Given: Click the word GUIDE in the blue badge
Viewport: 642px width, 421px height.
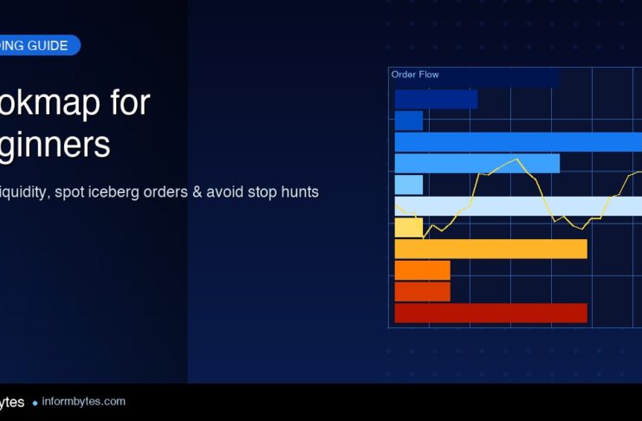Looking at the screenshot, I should coord(49,46).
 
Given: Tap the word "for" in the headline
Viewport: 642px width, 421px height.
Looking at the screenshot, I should coord(129,103).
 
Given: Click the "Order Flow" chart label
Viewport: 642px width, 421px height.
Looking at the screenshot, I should coord(415,74).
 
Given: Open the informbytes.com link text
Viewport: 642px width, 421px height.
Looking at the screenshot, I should coord(83,402).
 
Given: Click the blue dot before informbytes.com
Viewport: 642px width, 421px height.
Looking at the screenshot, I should coord(35,403).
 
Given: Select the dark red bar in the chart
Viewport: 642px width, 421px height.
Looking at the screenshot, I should coord(490,313).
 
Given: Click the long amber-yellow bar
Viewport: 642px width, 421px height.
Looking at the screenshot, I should coord(490,249).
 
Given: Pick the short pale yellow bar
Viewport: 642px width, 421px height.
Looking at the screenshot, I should coord(408,228).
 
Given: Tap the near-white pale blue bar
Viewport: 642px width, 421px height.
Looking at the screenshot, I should coord(518,206).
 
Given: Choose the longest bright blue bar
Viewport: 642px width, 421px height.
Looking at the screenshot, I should coord(518,142).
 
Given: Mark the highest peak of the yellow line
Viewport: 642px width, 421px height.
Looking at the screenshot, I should coord(517,159).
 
